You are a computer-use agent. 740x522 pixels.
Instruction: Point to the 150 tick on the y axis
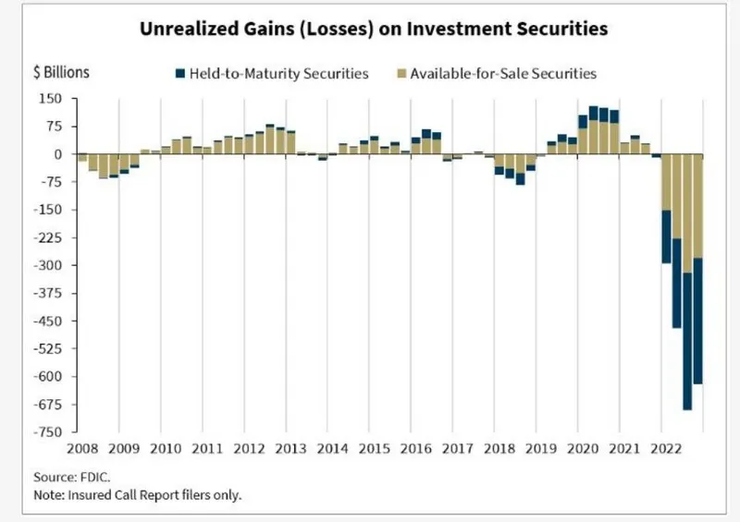tap(50, 99)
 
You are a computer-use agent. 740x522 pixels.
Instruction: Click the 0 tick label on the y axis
tap(56, 154)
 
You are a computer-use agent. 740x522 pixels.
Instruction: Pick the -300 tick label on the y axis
tap(47, 266)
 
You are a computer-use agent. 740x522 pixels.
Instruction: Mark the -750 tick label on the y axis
tap(47, 432)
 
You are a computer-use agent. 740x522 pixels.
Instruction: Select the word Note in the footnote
tap(50, 496)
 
